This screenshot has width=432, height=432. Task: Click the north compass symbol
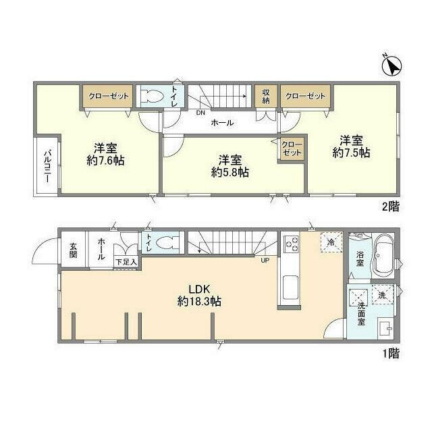(x=391, y=65)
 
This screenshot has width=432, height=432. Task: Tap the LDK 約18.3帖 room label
(x=199, y=296)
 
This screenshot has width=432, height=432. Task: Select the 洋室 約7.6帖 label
(x=105, y=155)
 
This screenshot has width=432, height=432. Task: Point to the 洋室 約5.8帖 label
(x=230, y=166)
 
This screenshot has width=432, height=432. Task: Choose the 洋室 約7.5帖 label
(x=351, y=146)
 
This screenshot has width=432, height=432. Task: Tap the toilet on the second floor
(x=152, y=96)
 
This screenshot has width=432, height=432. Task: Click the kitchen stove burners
(x=292, y=244)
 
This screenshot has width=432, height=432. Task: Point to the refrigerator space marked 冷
(x=331, y=242)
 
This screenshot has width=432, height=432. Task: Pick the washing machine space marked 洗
(x=383, y=294)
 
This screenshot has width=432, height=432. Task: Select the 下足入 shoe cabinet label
(x=126, y=262)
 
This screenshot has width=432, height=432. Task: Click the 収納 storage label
(x=265, y=97)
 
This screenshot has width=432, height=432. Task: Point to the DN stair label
(x=200, y=113)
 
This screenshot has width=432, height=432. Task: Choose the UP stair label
(x=265, y=260)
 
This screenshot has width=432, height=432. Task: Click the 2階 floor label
(x=391, y=207)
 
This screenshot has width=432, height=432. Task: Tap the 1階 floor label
(x=391, y=353)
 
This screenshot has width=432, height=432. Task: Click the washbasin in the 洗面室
(x=385, y=328)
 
